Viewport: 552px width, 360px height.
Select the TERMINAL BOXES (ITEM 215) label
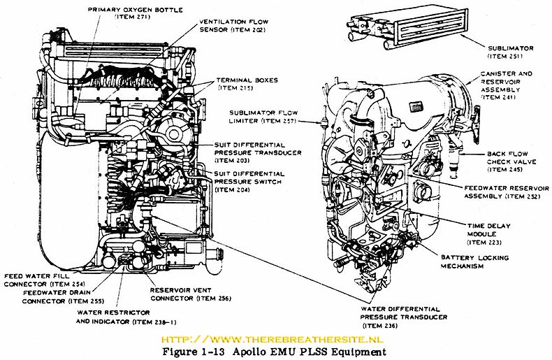pyautogui.click(x=247, y=85)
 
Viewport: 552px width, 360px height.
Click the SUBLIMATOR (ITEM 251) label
pyautogui.click(x=510, y=52)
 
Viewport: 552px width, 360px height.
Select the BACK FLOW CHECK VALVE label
pyautogui.click(x=508, y=161)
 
